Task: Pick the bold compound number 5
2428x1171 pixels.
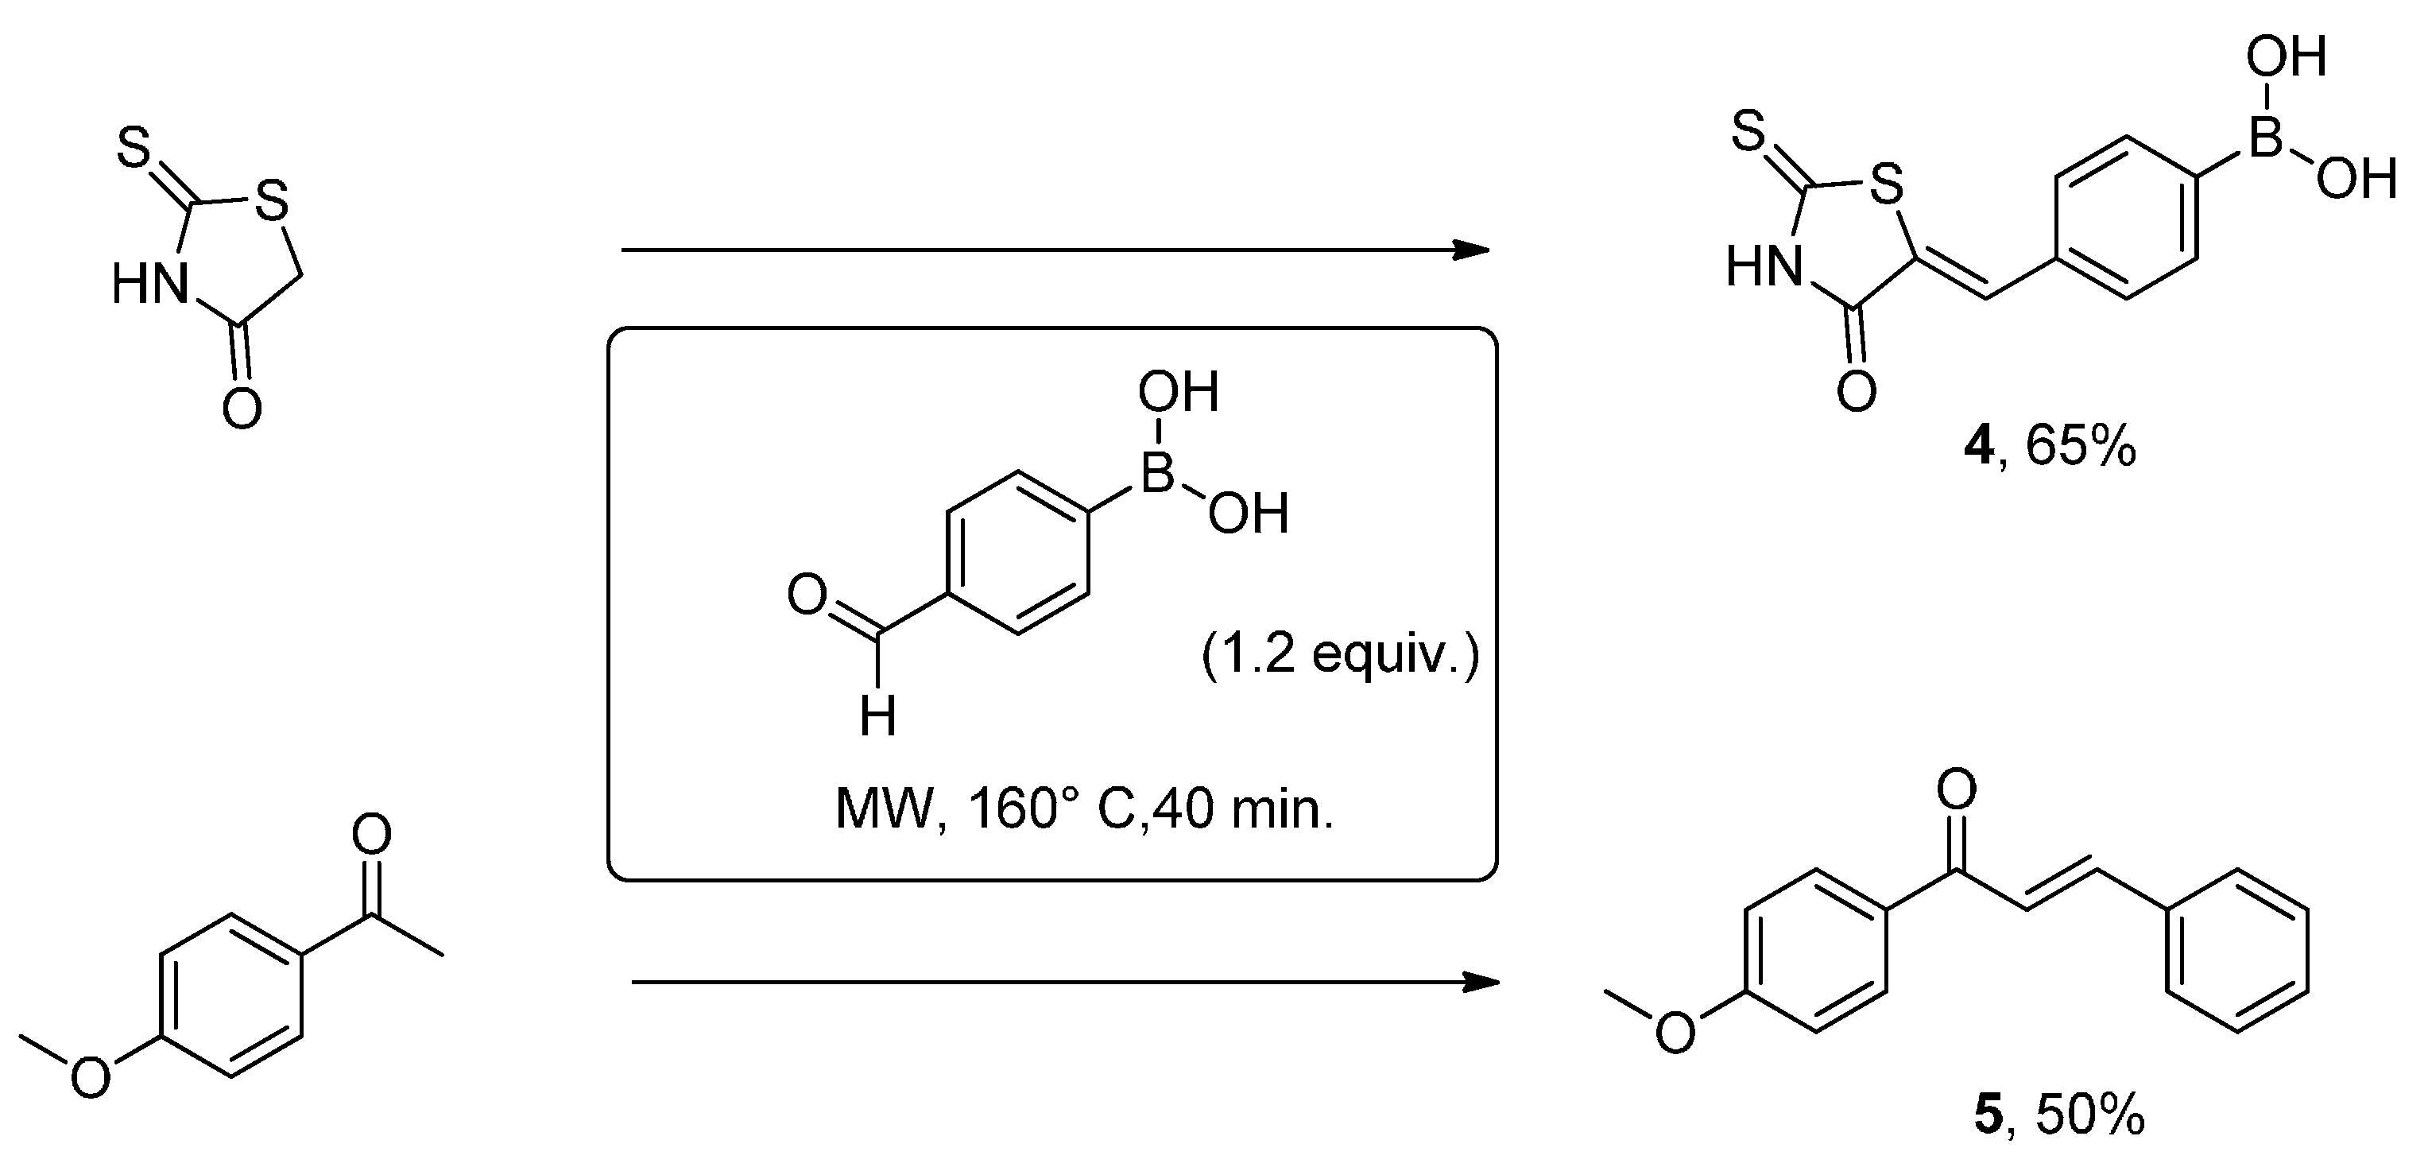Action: point(1987,1116)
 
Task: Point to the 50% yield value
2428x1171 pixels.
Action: point(2090,1116)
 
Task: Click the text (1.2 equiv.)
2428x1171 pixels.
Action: point(1339,653)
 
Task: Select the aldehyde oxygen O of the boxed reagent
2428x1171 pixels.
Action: point(807,596)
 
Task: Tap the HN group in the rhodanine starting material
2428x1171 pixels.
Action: point(149,283)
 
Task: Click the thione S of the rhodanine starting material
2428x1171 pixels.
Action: point(134,149)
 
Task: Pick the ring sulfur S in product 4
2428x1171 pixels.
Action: point(1885,184)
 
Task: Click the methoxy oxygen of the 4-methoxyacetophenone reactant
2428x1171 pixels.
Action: point(91,1076)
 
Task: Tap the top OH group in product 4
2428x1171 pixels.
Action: point(2286,59)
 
